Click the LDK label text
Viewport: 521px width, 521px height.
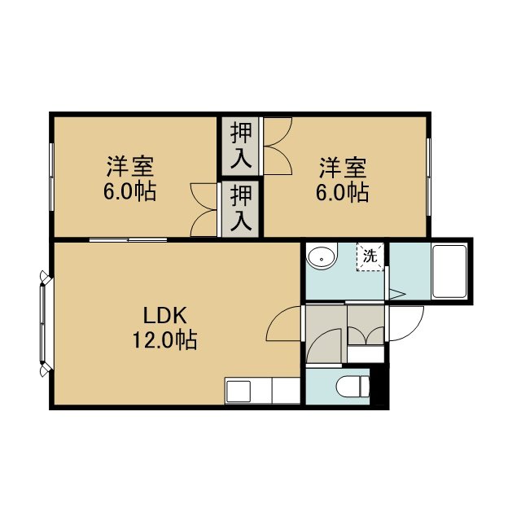(x=164, y=316)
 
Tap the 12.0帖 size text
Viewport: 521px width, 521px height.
(x=164, y=339)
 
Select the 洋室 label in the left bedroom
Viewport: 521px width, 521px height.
(x=130, y=166)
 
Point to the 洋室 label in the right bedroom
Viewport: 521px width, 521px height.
(x=343, y=168)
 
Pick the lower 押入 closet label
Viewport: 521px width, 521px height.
(x=241, y=208)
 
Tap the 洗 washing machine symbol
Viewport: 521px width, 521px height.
(x=370, y=257)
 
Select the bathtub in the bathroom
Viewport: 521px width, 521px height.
(x=449, y=271)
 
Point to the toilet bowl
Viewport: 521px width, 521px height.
(x=352, y=387)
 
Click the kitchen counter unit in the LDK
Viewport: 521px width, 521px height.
(x=262, y=391)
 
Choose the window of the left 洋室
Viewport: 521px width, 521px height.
(x=51, y=177)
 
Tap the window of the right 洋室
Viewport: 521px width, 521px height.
(x=429, y=177)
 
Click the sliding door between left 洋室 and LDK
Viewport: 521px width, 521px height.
(x=128, y=239)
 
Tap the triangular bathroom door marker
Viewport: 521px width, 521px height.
(x=397, y=294)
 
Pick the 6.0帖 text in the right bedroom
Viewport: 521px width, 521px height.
(x=342, y=192)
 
